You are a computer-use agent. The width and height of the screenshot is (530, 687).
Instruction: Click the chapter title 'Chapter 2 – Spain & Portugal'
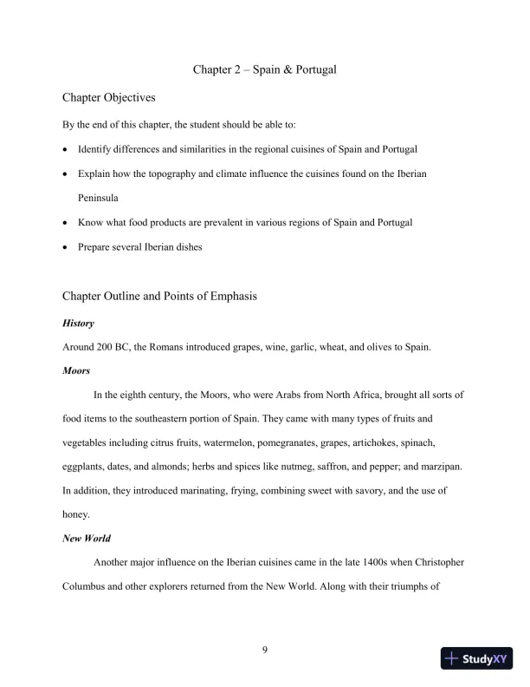264,68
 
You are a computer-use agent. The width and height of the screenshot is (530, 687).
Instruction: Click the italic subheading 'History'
78,324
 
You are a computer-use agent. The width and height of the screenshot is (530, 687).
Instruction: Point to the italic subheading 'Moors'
76,370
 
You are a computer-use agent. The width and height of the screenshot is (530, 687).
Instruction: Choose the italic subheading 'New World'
85,537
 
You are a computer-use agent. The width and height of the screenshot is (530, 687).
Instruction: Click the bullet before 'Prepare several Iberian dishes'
66,247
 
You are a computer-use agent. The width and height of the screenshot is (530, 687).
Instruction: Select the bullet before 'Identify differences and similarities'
66,149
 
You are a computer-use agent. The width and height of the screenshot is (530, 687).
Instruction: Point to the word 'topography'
161,173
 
